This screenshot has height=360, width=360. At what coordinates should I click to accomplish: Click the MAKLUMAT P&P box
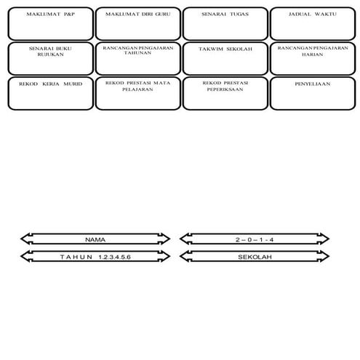(x=49, y=23)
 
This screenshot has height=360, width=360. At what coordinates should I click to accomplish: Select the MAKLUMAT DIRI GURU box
(x=137, y=23)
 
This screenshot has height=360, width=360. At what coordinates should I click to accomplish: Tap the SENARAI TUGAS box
(x=225, y=23)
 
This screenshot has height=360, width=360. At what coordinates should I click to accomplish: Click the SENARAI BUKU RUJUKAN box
(x=49, y=57)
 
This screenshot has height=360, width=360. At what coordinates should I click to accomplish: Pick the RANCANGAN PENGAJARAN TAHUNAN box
(x=137, y=57)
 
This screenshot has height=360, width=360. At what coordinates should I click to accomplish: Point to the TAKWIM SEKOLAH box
(x=225, y=57)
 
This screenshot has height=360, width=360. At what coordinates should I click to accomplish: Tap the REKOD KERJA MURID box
(x=49, y=92)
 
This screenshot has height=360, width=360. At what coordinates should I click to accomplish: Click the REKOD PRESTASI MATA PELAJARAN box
(x=137, y=92)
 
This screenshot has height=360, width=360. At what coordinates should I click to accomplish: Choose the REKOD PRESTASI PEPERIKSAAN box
(x=225, y=92)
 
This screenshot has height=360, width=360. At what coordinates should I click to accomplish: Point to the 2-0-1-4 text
(x=254, y=239)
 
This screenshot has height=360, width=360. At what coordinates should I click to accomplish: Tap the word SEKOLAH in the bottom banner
(x=254, y=257)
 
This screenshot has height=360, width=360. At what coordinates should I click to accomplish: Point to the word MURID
(x=71, y=84)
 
